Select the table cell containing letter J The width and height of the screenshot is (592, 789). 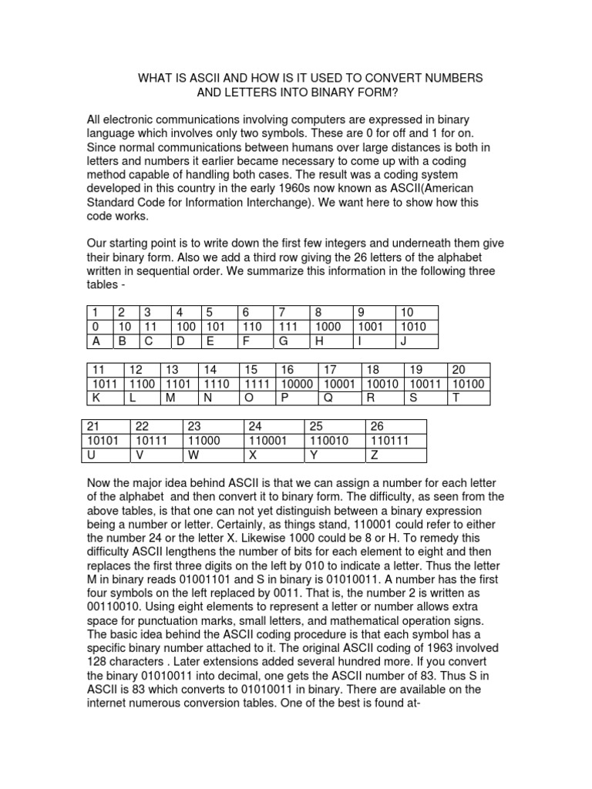coord(416,341)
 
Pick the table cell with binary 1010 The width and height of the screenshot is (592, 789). coord(416,327)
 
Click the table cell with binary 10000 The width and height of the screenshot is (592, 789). coord(297,383)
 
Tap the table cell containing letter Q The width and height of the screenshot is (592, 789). coord(339,398)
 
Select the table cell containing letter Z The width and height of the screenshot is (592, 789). coord(396,455)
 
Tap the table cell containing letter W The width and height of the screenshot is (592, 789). coord(213,455)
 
